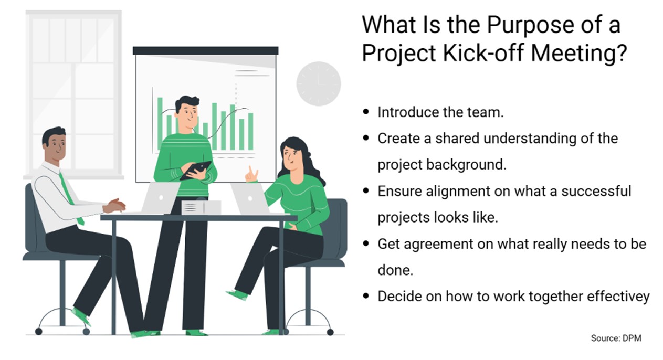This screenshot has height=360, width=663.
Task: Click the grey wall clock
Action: [x=319, y=84]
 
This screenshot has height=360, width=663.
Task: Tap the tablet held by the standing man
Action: [x=196, y=170]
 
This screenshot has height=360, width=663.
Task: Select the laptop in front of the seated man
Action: [x=158, y=198]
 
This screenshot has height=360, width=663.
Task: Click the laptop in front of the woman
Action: [x=249, y=199]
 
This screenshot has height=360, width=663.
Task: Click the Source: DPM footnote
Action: [x=616, y=338]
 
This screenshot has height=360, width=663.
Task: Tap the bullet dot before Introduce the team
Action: [x=366, y=112]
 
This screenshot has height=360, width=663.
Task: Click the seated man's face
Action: [x=55, y=146]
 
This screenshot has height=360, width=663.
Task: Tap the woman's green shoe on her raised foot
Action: [x=237, y=294]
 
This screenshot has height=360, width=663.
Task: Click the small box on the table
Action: [x=200, y=208]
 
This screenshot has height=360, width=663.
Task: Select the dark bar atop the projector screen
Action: [x=205, y=51]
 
